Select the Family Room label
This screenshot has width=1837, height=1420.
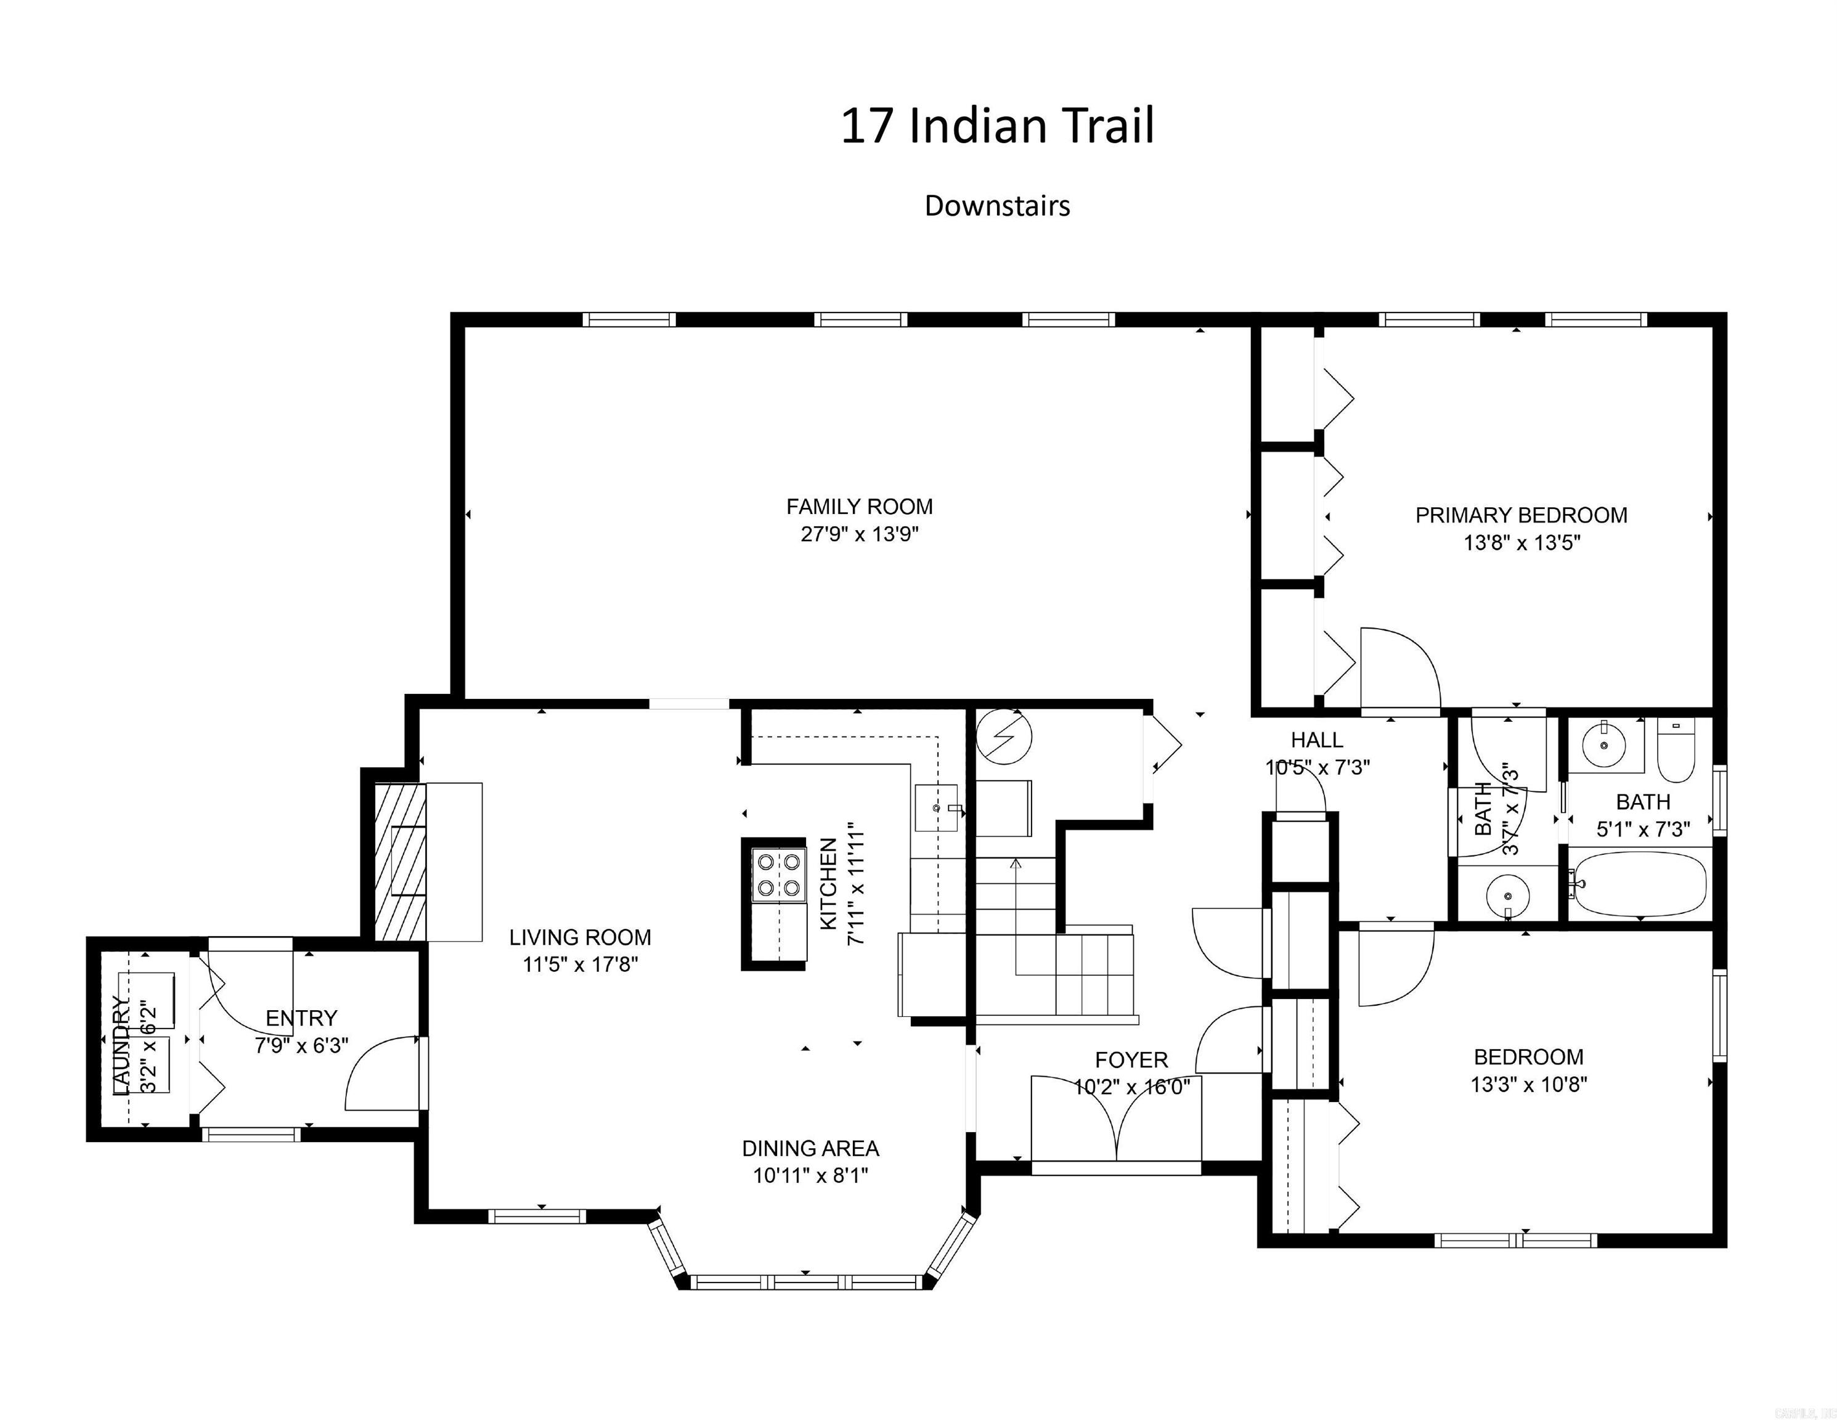tap(859, 507)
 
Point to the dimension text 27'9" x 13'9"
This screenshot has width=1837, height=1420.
tap(859, 534)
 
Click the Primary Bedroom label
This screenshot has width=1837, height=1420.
tap(1521, 515)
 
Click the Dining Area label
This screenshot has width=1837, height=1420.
tap(810, 1148)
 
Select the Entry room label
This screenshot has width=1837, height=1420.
tap(301, 1018)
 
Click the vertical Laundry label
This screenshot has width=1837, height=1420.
tap(123, 1047)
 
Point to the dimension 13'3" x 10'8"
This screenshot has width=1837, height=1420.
tap(1528, 1084)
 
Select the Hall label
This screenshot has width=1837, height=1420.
tap(1316, 740)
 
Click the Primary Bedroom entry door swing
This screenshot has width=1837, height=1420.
tap(1398, 668)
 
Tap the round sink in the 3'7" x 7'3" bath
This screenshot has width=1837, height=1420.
tap(1507, 892)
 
